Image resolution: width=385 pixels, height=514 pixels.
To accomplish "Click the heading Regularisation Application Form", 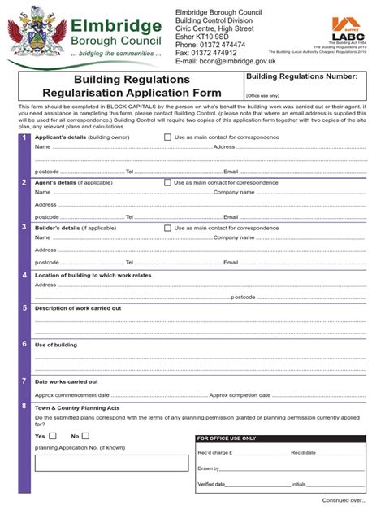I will click(x=132, y=95).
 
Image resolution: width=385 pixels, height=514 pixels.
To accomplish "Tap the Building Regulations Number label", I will click(x=301, y=76).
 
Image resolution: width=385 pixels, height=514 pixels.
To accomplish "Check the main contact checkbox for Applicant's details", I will click(x=168, y=137).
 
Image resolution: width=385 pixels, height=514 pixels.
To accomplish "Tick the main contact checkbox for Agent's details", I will click(x=168, y=183).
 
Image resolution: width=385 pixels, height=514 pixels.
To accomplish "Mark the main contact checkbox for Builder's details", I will click(x=168, y=229).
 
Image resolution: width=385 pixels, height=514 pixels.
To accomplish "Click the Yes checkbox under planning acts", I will click(x=54, y=436).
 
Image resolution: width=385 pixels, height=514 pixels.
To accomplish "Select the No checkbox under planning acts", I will click(x=86, y=436).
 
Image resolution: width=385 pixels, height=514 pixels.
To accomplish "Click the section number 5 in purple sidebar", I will click(x=25, y=308).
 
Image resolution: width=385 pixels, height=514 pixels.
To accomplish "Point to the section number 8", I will click(x=25, y=406).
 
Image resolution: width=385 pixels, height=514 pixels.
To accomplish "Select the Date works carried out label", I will click(x=67, y=381).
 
